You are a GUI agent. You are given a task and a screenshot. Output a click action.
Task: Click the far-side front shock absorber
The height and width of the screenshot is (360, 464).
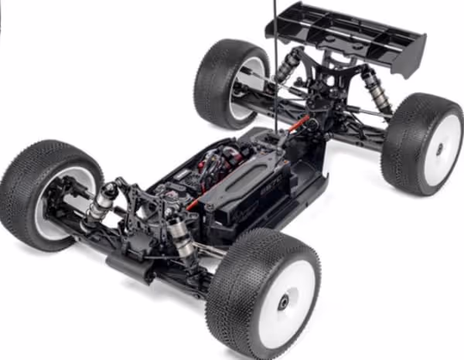point(101,202)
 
